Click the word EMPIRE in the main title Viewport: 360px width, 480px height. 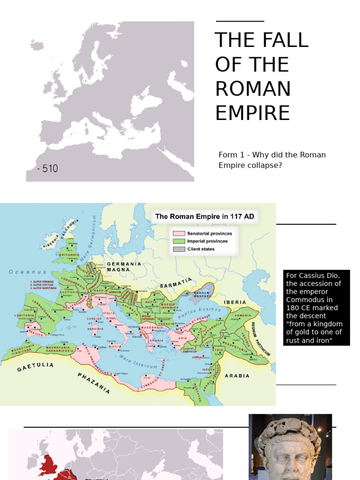click(252, 113)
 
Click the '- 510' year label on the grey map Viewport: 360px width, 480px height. click(48, 169)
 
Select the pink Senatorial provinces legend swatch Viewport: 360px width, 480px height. click(179, 233)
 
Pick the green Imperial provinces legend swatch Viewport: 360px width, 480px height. click(179, 241)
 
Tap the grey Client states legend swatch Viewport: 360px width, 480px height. click(179, 249)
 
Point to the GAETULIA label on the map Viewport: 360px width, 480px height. click(36, 367)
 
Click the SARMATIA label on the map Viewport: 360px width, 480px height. click(176, 283)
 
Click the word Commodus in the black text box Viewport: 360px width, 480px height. click(305, 300)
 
